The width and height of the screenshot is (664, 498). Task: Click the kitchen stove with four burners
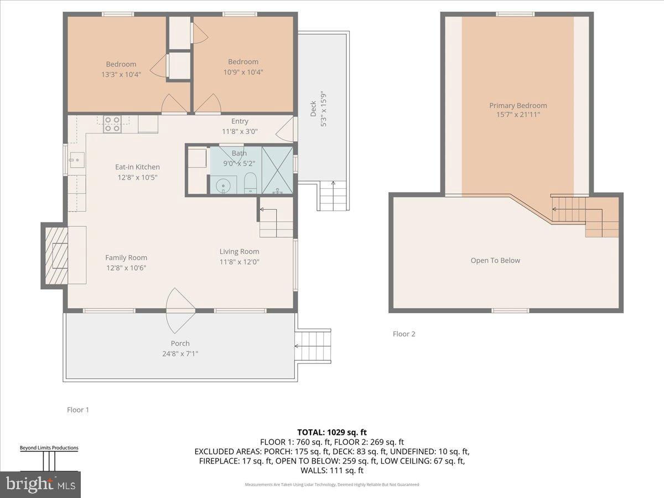(112, 124)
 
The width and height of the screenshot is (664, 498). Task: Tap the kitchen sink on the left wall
(75, 160)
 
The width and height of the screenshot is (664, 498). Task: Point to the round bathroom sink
(224, 185)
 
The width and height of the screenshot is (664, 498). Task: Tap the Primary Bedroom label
(517, 106)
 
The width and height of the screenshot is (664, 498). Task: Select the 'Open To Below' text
(495, 261)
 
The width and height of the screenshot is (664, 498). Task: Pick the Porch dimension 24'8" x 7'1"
(180, 354)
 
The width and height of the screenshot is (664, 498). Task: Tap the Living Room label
(239, 252)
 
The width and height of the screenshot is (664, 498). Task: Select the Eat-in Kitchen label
(137, 167)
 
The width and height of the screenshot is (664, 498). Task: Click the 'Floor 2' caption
(404, 334)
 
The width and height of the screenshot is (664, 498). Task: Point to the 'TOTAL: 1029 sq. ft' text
(331, 432)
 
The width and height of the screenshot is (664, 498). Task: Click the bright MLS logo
(40, 485)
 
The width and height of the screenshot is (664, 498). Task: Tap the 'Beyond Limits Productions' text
(49, 448)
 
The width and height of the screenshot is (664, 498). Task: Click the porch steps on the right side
(314, 345)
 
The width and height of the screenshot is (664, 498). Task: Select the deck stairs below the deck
(334, 196)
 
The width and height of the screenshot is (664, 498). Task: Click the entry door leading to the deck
(286, 131)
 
